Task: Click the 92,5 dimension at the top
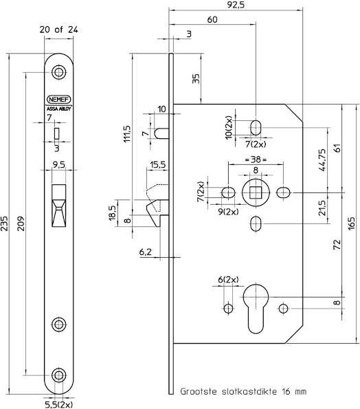[236, 5]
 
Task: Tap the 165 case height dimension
[352, 223]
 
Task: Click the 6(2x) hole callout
[228, 280]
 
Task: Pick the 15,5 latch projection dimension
[157, 164]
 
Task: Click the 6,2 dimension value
[145, 252]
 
